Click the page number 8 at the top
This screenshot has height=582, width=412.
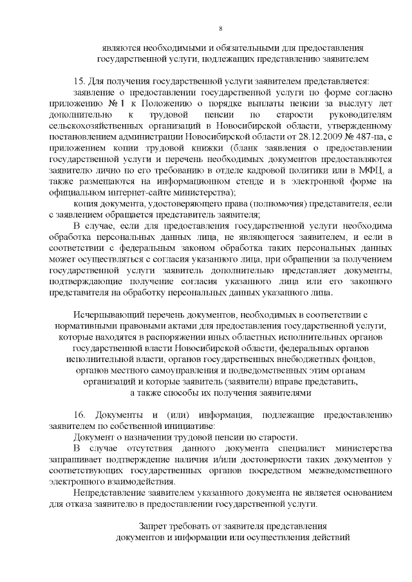[220, 28]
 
